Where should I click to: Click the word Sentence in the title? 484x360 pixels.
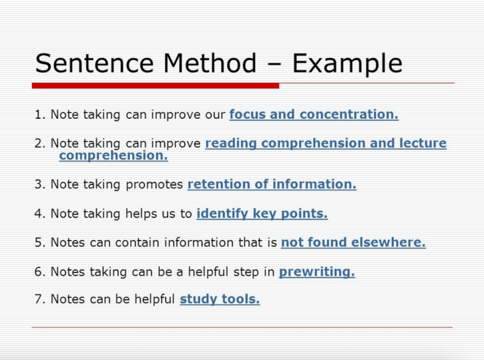pos(94,63)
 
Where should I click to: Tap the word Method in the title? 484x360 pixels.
pos(210,63)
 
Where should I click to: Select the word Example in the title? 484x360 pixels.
pos(347,64)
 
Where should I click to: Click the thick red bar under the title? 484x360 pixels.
pos(156,85)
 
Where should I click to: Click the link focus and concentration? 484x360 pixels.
pos(314,115)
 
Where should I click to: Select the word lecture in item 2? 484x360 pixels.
pos(423,143)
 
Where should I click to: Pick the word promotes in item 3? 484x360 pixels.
pos(154,185)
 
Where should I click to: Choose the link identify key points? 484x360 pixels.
pos(262,214)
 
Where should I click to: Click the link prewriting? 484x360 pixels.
pos(317,272)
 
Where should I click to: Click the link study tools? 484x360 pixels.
pos(220,299)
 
